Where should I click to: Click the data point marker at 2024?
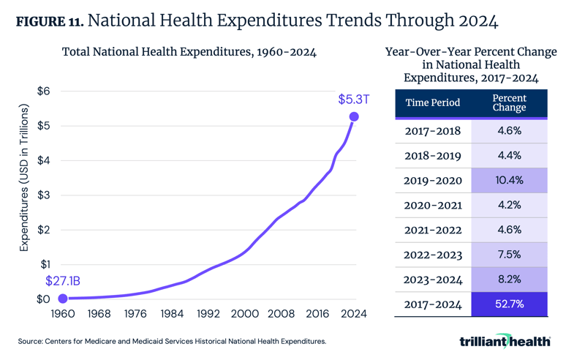(354, 116)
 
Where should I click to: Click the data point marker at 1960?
(63, 299)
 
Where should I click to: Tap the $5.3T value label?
(354, 99)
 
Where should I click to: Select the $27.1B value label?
(64, 280)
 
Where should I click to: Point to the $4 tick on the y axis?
(44, 160)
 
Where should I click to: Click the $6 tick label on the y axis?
(44, 91)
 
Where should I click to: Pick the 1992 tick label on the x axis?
(208, 314)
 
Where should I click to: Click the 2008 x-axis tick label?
(281, 314)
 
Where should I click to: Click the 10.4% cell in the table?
(509, 180)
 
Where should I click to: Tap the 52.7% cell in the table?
(509, 304)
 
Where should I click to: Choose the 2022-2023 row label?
(433, 255)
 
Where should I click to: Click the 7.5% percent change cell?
(509, 255)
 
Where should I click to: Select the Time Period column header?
(433, 102)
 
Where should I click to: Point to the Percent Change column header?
(509, 102)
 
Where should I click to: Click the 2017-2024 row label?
(433, 304)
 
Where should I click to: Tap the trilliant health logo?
(505, 341)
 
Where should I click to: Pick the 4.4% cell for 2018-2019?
(509, 155)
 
